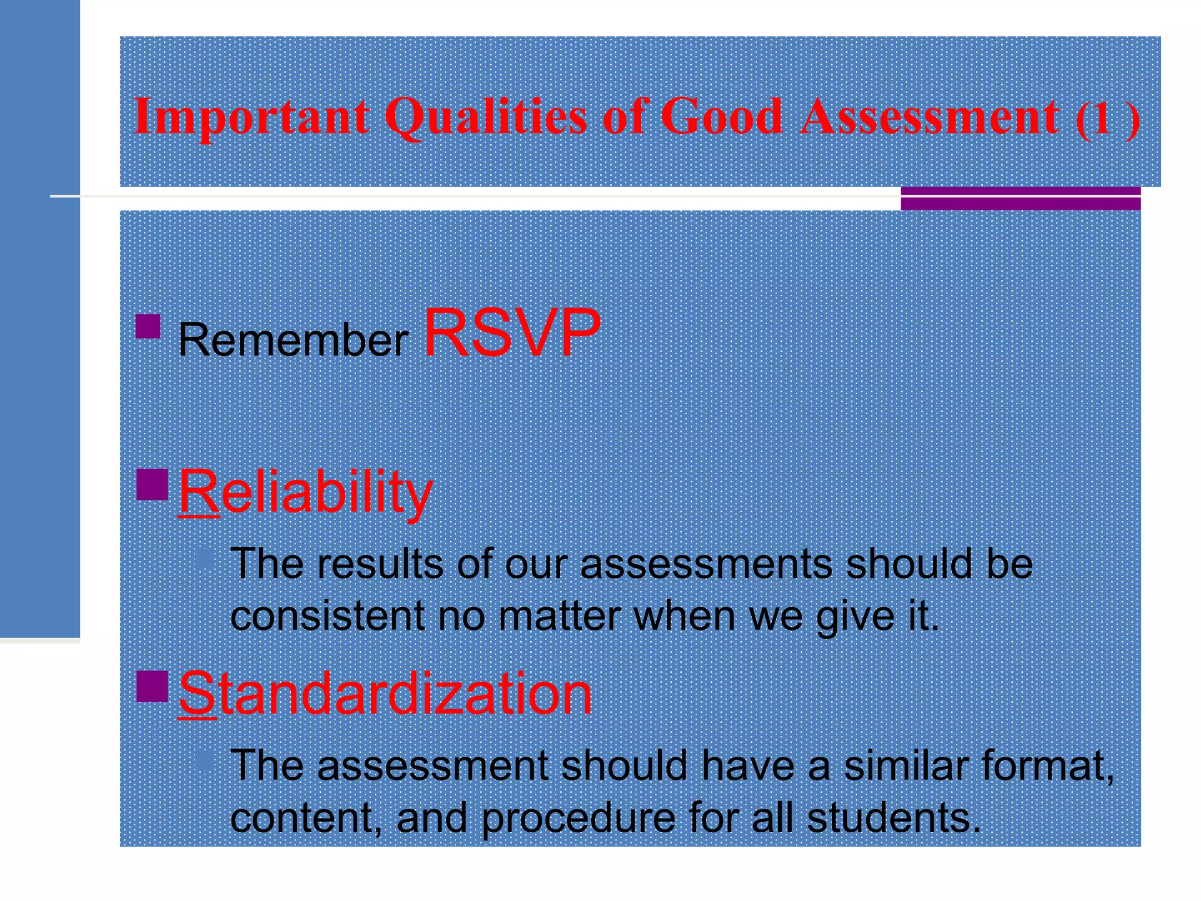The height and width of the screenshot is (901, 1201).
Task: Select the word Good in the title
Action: coord(721,116)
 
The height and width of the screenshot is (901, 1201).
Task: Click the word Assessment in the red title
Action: coord(930,116)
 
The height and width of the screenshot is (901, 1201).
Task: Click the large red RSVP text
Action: coord(512,333)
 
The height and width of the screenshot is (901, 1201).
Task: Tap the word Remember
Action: coord(293,340)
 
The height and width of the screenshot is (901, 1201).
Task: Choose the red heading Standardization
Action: coord(385,694)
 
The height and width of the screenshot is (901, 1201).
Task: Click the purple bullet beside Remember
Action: coord(148,327)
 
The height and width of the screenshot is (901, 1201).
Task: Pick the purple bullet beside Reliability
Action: coord(152,484)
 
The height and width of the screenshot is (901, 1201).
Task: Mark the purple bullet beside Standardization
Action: coord(152,686)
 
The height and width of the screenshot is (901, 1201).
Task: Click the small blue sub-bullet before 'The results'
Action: coord(205,558)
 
